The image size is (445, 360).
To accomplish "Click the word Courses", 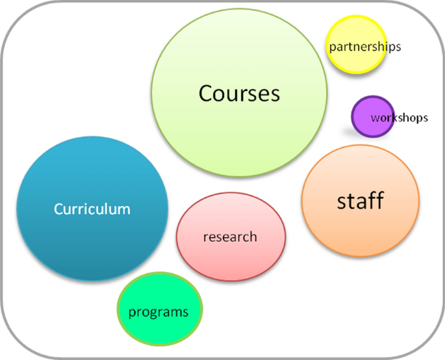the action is pyautogui.click(x=239, y=94).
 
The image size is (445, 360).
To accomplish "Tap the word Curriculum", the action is pyautogui.click(x=92, y=209).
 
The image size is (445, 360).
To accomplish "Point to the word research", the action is pyautogui.click(x=230, y=237).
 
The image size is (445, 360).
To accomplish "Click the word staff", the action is pyautogui.click(x=360, y=201).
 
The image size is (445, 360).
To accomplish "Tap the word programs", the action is pyautogui.click(x=159, y=312).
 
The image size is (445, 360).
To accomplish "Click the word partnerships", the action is pyautogui.click(x=364, y=47).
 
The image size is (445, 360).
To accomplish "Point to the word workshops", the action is pyautogui.click(x=399, y=118).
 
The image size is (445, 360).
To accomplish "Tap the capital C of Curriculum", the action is pyautogui.click(x=58, y=209).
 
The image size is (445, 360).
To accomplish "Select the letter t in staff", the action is pyautogui.click(x=350, y=201).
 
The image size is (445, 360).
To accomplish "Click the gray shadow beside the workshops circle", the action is pyautogui.click(x=346, y=131).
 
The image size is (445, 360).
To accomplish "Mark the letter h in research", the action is pyautogui.click(x=253, y=237).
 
